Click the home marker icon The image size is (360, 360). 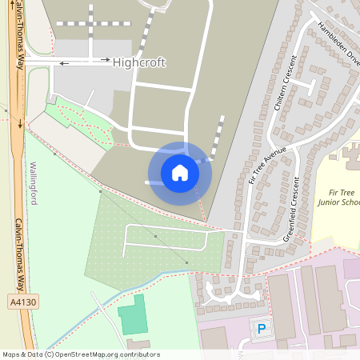tap(180, 173)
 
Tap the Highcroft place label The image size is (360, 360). tap(139, 62)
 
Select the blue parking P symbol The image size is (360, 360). tap(261, 328)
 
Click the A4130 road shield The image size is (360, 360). tap(23, 302)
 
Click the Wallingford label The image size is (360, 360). tap(34, 183)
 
